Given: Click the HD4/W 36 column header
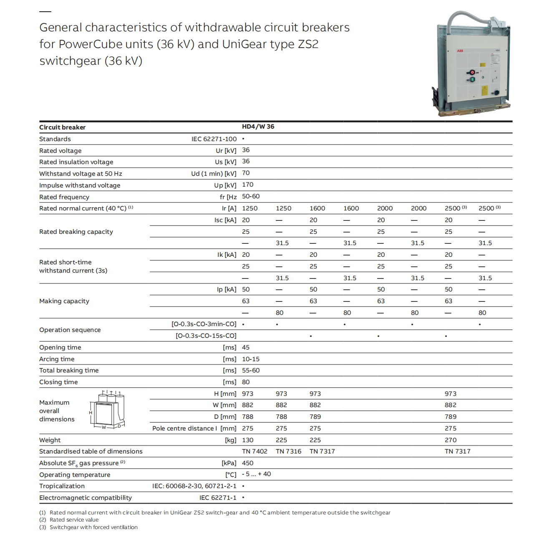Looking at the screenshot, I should click(x=258, y=127).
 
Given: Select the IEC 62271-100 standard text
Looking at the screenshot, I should click(x=214, y=139).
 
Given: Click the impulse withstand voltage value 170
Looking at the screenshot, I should click(x=247, y=185).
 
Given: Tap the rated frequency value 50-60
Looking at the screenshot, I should click(x=250, y=196).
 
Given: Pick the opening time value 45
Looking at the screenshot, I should click(x=246, y=347).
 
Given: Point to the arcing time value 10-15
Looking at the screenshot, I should click(x=250, y=359).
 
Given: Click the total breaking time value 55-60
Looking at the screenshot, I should click(x=250, y=370).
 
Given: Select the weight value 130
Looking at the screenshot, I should click(x=247, y=440).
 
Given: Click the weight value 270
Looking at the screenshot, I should click(x=450, y=440).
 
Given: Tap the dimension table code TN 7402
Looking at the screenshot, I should click(x=255, y=451).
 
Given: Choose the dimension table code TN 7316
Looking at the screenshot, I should click(x=288, y=451).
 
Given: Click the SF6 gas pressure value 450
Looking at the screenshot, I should click(x=247, y=463).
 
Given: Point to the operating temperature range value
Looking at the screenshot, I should click(x=256, y=474).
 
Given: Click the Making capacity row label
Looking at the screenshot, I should click(x=64, y=301).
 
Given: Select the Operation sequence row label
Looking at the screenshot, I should click(x=70, y=330).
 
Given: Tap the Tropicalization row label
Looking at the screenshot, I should click(x=62, y=486).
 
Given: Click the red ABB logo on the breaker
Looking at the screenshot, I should click(x=460, y=51).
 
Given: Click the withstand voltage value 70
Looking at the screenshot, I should click(x=246, y=173).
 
